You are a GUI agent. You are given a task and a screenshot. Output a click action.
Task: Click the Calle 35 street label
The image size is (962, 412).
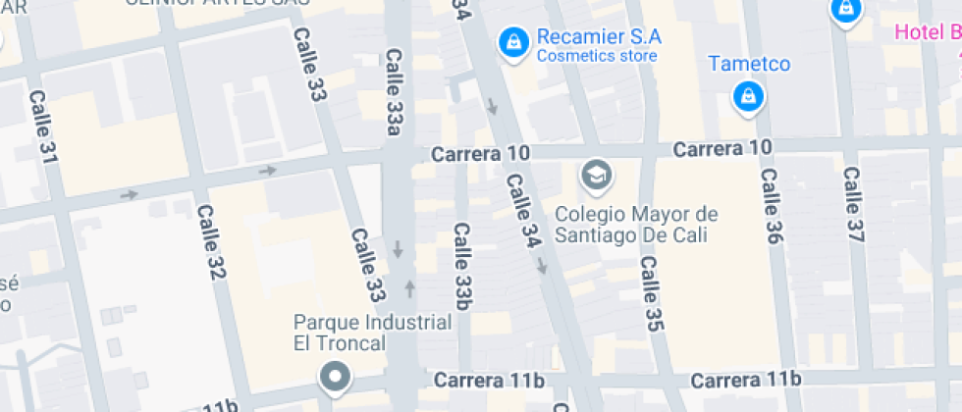[649, 293]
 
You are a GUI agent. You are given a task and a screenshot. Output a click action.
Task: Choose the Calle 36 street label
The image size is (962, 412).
[771, 205]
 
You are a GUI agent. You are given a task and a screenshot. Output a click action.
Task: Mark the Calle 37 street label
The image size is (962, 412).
[853, 205]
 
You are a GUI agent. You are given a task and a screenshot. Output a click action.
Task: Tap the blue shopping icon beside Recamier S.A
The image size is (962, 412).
[511, 42]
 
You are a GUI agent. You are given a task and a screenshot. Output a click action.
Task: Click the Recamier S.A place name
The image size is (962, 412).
[599, 37]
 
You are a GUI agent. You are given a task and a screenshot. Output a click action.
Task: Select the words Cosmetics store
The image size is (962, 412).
[596, 56]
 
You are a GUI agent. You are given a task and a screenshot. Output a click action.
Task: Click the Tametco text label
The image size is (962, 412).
[750, 65]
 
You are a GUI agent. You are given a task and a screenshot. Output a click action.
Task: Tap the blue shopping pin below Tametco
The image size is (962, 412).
[749, 96]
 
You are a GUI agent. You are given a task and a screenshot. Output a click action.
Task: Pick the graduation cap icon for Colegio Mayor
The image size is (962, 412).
[596, 176]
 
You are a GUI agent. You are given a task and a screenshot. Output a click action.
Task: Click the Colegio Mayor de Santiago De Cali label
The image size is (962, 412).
[636, 225]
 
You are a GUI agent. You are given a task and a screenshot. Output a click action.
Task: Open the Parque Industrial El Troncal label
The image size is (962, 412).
[373, 333]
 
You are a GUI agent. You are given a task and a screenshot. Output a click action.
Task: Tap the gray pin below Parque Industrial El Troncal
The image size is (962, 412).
[336, 377]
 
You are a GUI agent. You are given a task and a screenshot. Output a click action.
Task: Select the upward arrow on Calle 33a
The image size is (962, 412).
[409, 288]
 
